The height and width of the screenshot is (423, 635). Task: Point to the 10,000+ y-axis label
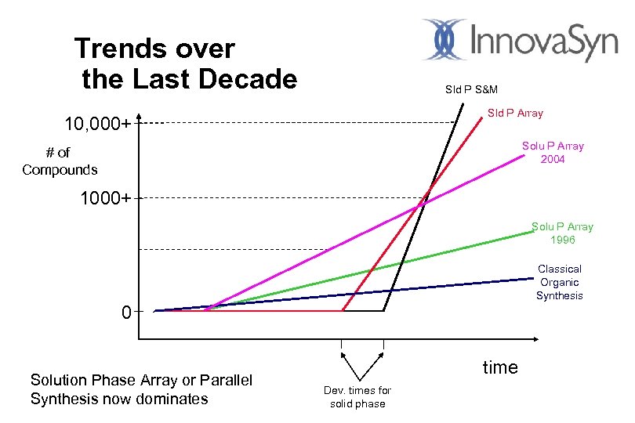[96, 124]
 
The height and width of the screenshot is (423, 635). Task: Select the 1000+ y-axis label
[106, 198]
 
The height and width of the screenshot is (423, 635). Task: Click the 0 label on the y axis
[126, 313]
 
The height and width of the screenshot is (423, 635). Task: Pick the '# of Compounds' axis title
[60, 161]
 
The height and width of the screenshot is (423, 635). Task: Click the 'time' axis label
[499, 367]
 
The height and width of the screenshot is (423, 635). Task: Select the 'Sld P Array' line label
[515, 114]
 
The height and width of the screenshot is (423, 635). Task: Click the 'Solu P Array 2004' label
[553, 153]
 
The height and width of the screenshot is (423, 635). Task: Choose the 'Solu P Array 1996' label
[562, 233]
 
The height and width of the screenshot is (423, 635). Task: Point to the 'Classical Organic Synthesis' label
[559, 282]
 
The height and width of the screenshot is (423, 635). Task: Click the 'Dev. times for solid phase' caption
[357, 396]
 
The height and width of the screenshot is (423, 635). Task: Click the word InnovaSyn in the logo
[545, 41]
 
